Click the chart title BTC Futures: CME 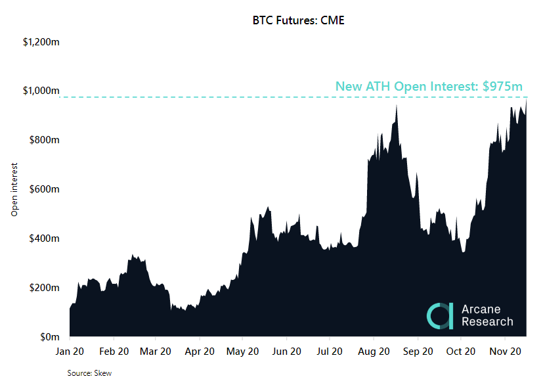(298, 20)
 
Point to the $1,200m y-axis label (41, 42)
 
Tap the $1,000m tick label (41, 91)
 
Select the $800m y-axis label (45, 140)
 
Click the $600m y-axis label (45, 189)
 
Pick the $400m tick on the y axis (45, 238)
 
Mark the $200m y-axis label (45, 288)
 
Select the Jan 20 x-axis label (70, 352)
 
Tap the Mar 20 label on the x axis (156, 352)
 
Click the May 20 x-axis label (242, 352)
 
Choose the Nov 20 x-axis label (505, 352)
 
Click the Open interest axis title (14, 189)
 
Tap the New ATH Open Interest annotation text (429, 86)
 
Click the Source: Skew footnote (90, 373)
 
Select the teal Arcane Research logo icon (439, 315)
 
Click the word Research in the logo (487, 322)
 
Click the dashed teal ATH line (263, 97)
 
